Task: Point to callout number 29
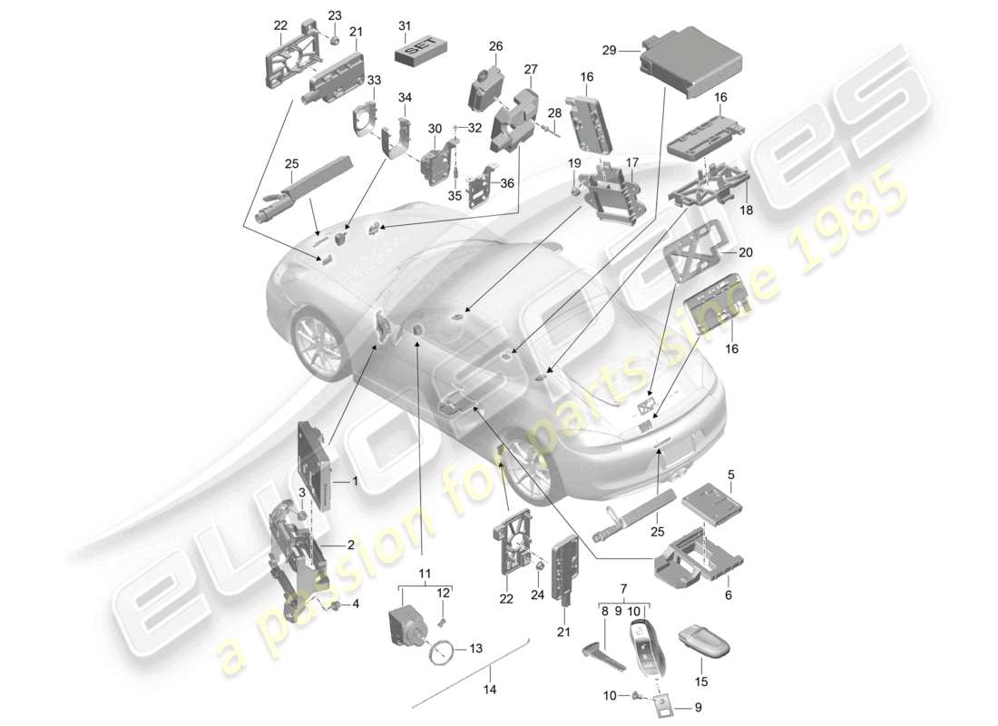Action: pos(610,52)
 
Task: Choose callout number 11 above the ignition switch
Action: pos(425,573)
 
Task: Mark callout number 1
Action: pos(356,484)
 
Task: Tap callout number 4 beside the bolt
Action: pos(356,604)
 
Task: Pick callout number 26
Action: pos(495,46)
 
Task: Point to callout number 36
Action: pos(507,182)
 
